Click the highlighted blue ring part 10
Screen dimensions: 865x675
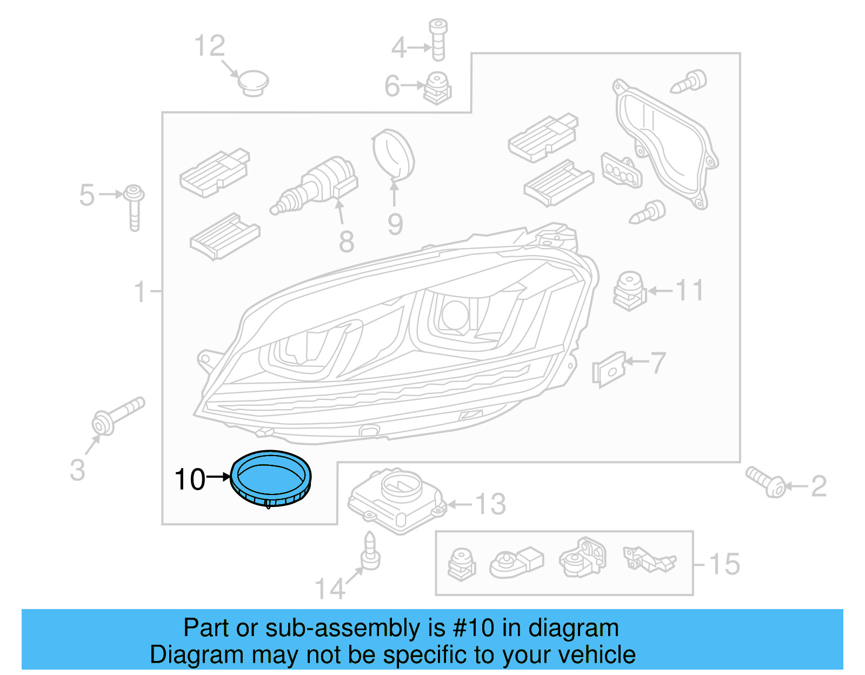click(x=271, y=479)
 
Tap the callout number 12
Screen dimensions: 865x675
click(x=209, y=46)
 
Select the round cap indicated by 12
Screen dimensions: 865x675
click(x=253, y=83)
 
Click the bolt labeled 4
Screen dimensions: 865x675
click(x=437, y=39)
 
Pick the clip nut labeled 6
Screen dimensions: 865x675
click(x=437, y=88)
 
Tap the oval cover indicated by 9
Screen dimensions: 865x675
click(x=394, y=154)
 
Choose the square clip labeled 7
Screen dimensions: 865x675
click(x=609, y=370)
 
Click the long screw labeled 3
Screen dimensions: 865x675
click(x=116, y=416)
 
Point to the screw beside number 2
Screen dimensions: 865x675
click(x=766, y=482)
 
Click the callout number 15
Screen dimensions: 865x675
click(x=724, y=564)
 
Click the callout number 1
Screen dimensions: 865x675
click(x=140, y=291)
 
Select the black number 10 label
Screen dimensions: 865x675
click(x=190, y=479)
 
